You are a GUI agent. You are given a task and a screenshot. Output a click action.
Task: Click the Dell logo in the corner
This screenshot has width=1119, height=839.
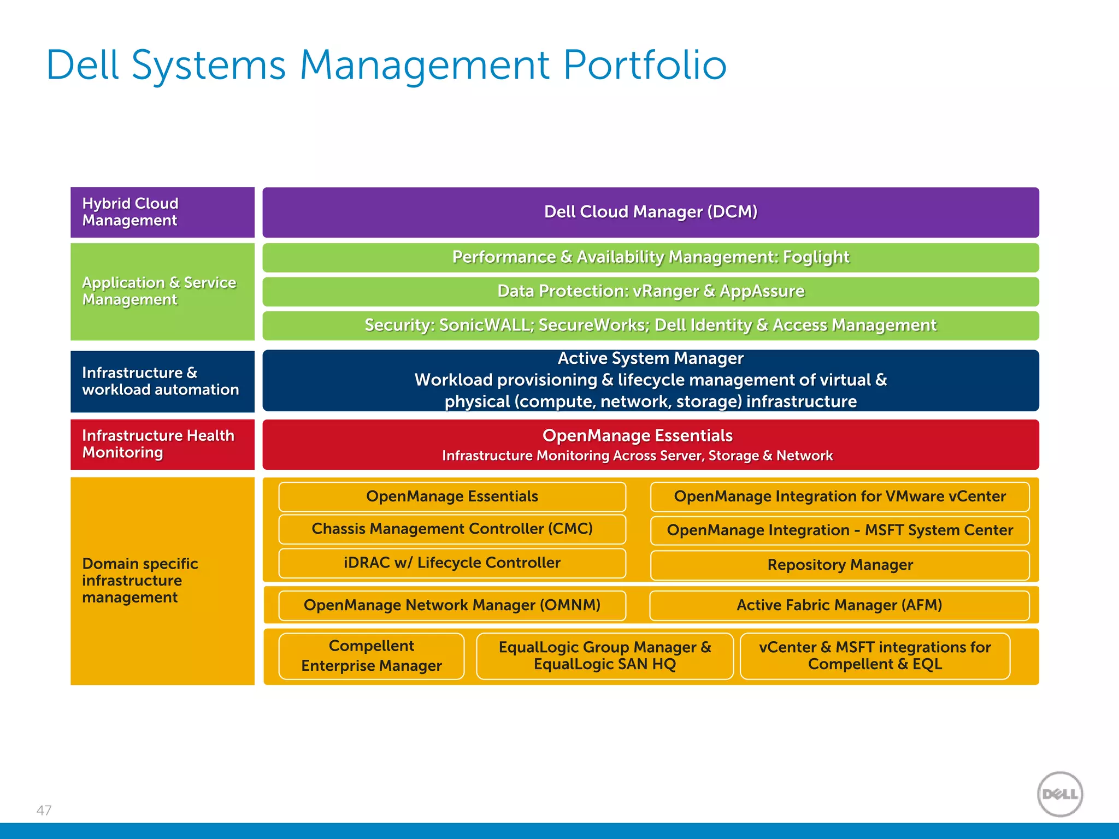[1059, 794]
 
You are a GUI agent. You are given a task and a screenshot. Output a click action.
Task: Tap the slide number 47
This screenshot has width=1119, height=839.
[44, 810]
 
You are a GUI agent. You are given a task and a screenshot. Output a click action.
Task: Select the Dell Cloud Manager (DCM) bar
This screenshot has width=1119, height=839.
[650, 212]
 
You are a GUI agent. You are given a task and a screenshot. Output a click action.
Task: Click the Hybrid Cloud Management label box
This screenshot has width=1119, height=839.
[162, 212]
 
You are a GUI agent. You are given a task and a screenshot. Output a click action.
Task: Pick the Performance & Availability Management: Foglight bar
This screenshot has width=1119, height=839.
[650, 257]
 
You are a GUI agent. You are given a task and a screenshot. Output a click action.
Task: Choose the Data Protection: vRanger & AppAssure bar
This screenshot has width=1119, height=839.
[650, 291]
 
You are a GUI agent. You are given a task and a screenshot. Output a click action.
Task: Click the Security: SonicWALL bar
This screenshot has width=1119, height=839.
[650, 326]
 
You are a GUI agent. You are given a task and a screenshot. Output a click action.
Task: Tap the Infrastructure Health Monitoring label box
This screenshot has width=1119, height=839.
[162, 444]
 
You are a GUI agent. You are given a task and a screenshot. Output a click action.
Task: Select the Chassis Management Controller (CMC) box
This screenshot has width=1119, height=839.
[452, 529]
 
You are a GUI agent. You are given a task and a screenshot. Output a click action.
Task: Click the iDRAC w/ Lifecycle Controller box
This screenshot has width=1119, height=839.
[452, 563]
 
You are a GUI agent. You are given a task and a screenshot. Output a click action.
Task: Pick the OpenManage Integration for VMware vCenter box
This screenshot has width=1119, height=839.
[840, 497]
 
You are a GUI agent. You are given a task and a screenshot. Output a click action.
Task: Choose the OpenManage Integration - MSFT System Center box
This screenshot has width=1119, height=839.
[840, 530]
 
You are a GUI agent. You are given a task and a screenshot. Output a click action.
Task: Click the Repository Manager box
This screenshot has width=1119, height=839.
[840, 565]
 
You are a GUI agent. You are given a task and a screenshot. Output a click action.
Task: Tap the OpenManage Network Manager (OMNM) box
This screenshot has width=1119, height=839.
[452, 605]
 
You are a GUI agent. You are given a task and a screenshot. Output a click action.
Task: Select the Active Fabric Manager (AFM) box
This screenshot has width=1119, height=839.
[839, 605]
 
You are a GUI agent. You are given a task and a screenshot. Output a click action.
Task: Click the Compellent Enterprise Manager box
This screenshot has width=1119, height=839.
[372, 655]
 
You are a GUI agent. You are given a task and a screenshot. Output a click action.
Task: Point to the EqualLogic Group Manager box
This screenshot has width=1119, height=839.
[604, 655]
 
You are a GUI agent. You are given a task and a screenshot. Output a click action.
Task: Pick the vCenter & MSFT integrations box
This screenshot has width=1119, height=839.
[875, 655]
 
